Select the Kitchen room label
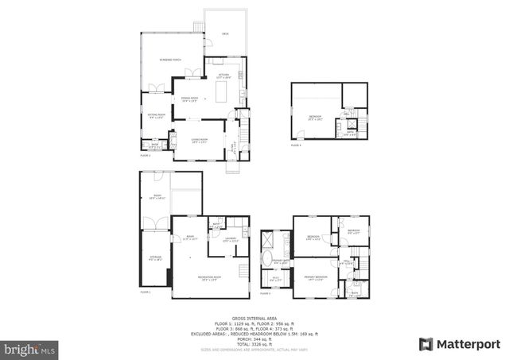click(x=224, y=76)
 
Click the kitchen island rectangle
click(x=223, y=95)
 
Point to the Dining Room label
click(x=190, y=99)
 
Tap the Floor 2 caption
click(x=146, y=155)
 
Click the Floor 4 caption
click(x=296, y=145)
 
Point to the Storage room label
click(x=156, y=257)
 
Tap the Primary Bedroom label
click(x=316, y=277)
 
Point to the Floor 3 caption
click(x=297, y=293)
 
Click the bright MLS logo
click(x=29, y=348)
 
